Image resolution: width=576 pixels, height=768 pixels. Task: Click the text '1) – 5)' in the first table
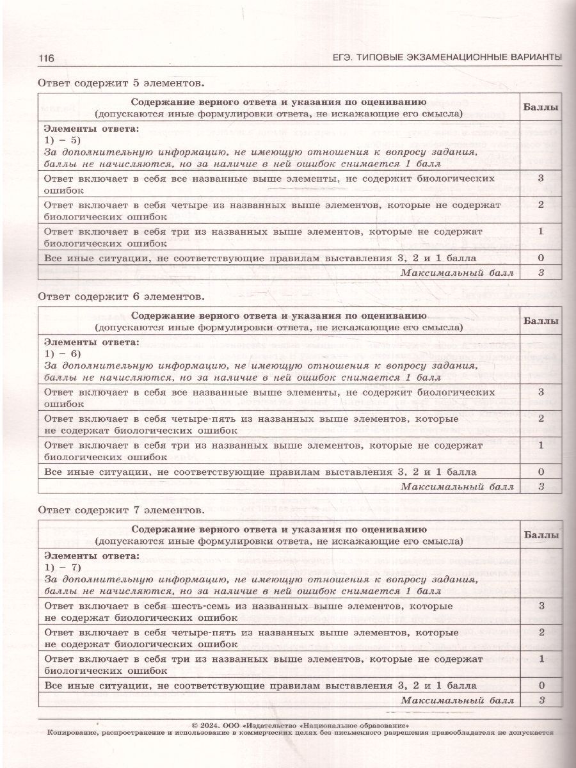tap(60, 141)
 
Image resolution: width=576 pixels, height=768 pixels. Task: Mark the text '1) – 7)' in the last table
tap(60, 568)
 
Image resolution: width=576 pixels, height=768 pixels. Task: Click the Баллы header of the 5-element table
tap(540, 108)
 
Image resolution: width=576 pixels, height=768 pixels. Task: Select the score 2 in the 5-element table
tap(541, 205)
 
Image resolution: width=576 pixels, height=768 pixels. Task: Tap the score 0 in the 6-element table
tap(541, 472)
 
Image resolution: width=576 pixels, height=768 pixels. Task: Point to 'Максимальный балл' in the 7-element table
tap(457, 700)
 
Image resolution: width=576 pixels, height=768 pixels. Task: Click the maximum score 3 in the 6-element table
tap(541, 487)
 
